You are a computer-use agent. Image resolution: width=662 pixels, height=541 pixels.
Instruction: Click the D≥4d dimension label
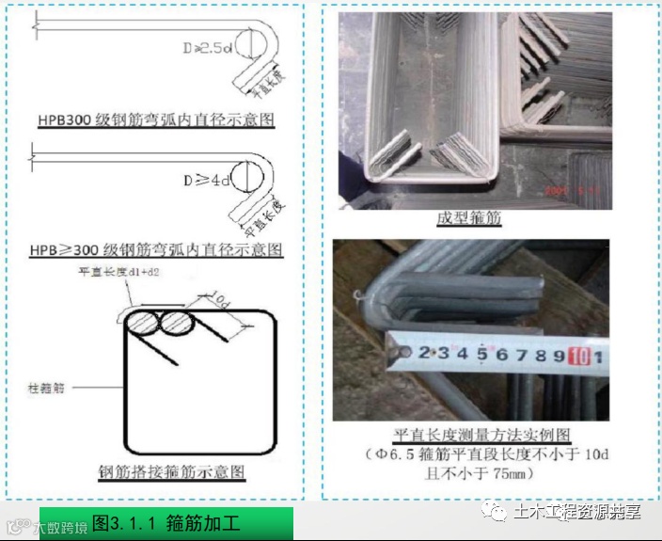(206, 179)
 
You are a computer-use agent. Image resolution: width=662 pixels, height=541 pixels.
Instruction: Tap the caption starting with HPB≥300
(155, 250)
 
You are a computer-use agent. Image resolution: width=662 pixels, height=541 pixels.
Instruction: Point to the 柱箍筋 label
(48, 387)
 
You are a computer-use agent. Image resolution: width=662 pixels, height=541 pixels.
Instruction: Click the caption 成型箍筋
(467, 218)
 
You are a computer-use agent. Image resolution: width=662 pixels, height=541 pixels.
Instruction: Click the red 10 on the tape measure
(577, 355)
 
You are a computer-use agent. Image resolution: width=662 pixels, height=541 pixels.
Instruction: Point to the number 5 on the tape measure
(481, 354)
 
